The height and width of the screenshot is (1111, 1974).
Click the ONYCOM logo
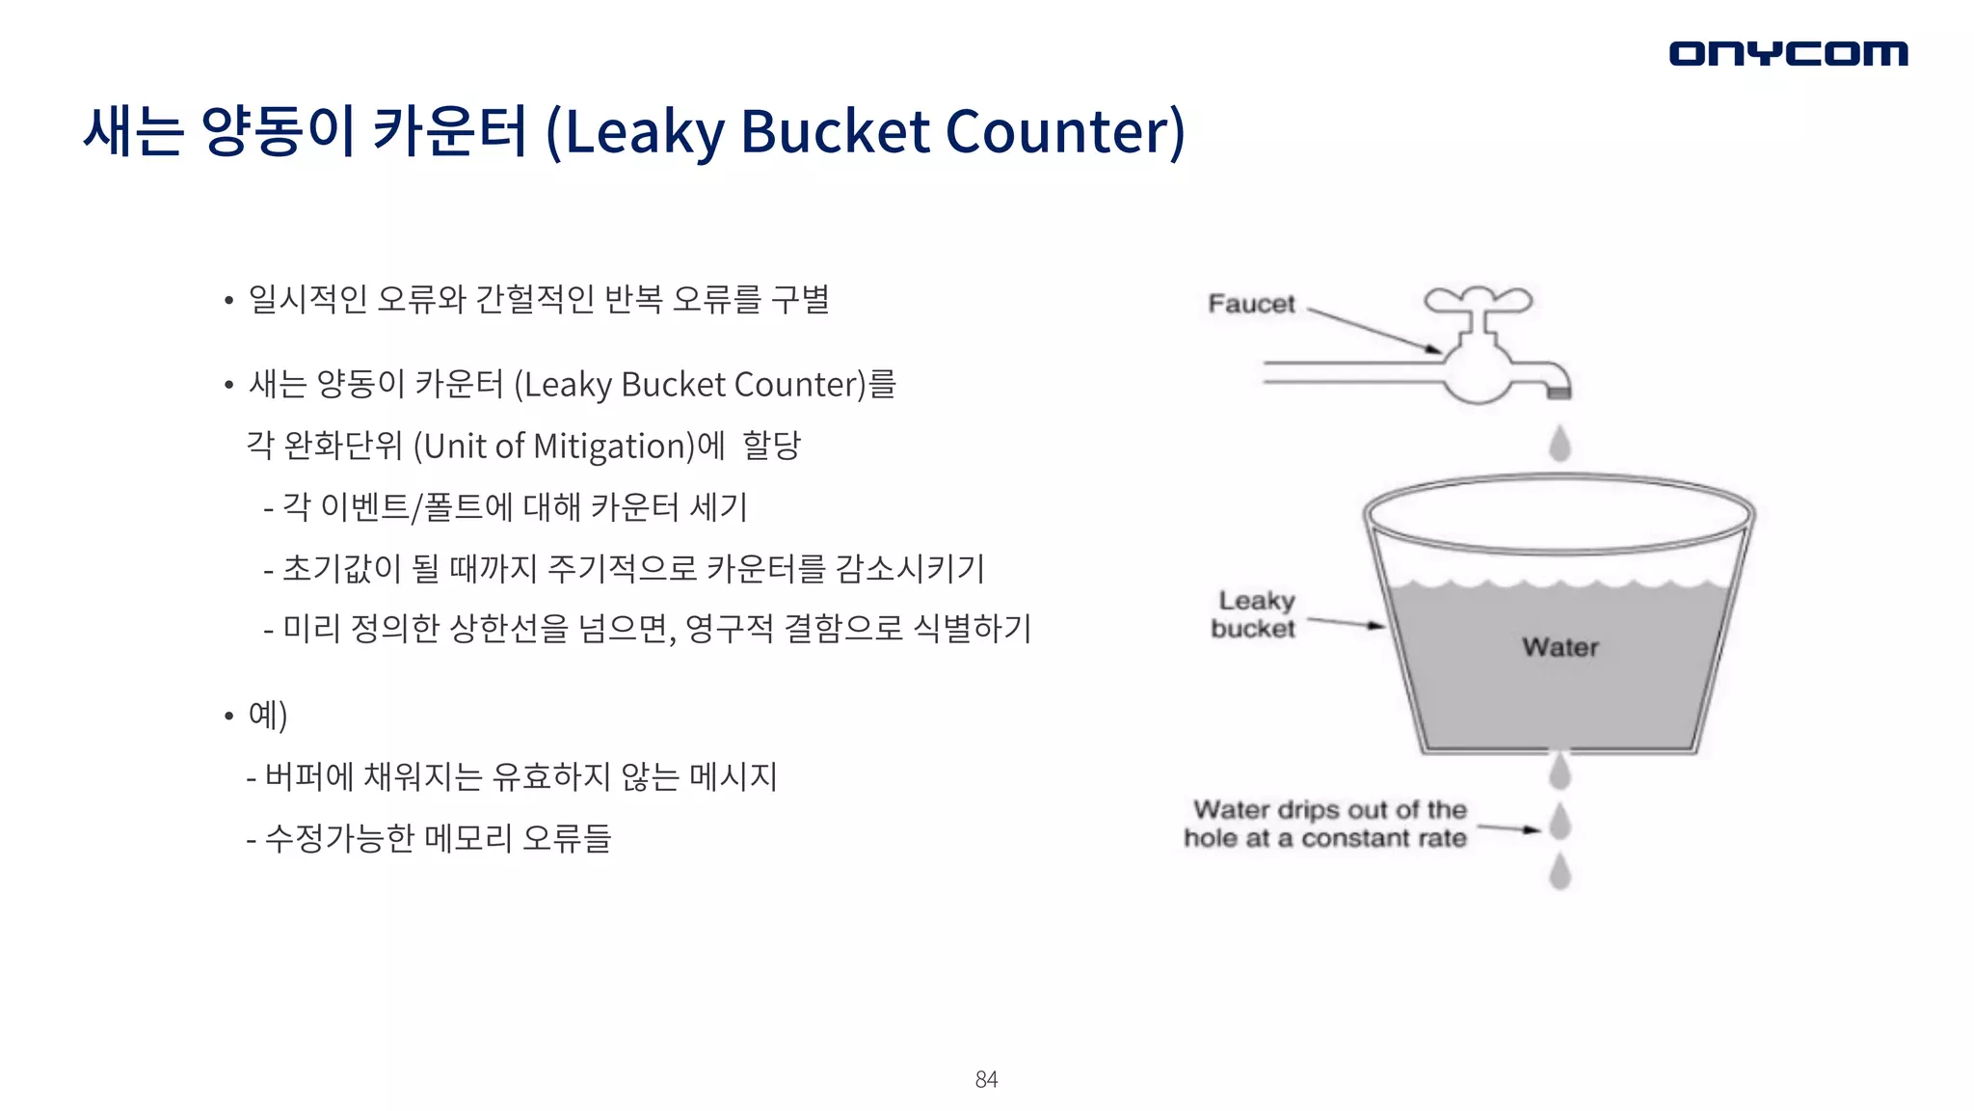[1788, 53]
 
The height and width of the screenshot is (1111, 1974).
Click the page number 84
[986, 1079]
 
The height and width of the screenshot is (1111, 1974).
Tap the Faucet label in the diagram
[1251, 304]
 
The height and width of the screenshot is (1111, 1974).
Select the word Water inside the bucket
[1561, 647]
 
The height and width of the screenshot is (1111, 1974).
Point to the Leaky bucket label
[1254, 614]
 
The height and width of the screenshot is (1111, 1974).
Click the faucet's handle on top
[1479, 300]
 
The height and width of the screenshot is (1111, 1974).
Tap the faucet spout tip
[1559, 391]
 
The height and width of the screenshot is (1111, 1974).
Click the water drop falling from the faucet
[1560, 444]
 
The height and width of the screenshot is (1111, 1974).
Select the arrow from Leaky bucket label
[1346, 623]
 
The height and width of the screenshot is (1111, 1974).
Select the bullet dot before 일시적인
[228, 301]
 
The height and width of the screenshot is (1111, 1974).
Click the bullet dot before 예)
[228, 717]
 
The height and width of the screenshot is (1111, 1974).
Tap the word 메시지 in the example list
[734, 776]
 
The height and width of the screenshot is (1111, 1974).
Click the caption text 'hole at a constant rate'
[1324, 838]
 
